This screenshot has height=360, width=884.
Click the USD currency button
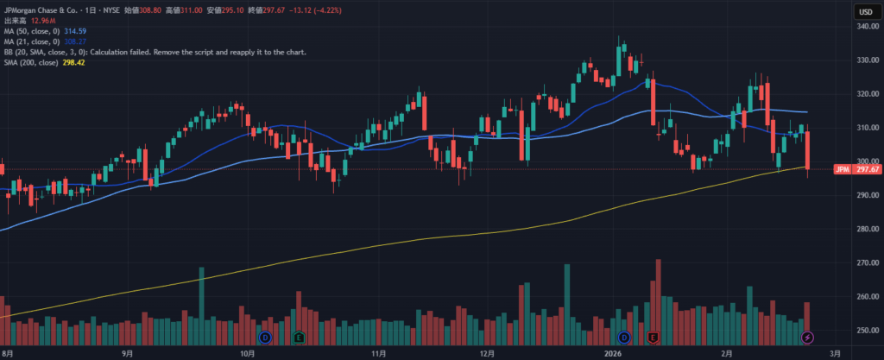tap(862, 10)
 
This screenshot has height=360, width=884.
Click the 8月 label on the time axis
tap(8, 353)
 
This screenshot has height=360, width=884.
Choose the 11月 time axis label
tap(377, 353)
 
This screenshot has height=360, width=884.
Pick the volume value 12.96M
tap(42, 20)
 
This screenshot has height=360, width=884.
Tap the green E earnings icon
tap(300, 336)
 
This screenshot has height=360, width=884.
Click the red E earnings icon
tap(654, 336)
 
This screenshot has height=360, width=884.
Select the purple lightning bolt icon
tap(808, 336)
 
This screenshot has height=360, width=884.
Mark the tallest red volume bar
tap(659, 294)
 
